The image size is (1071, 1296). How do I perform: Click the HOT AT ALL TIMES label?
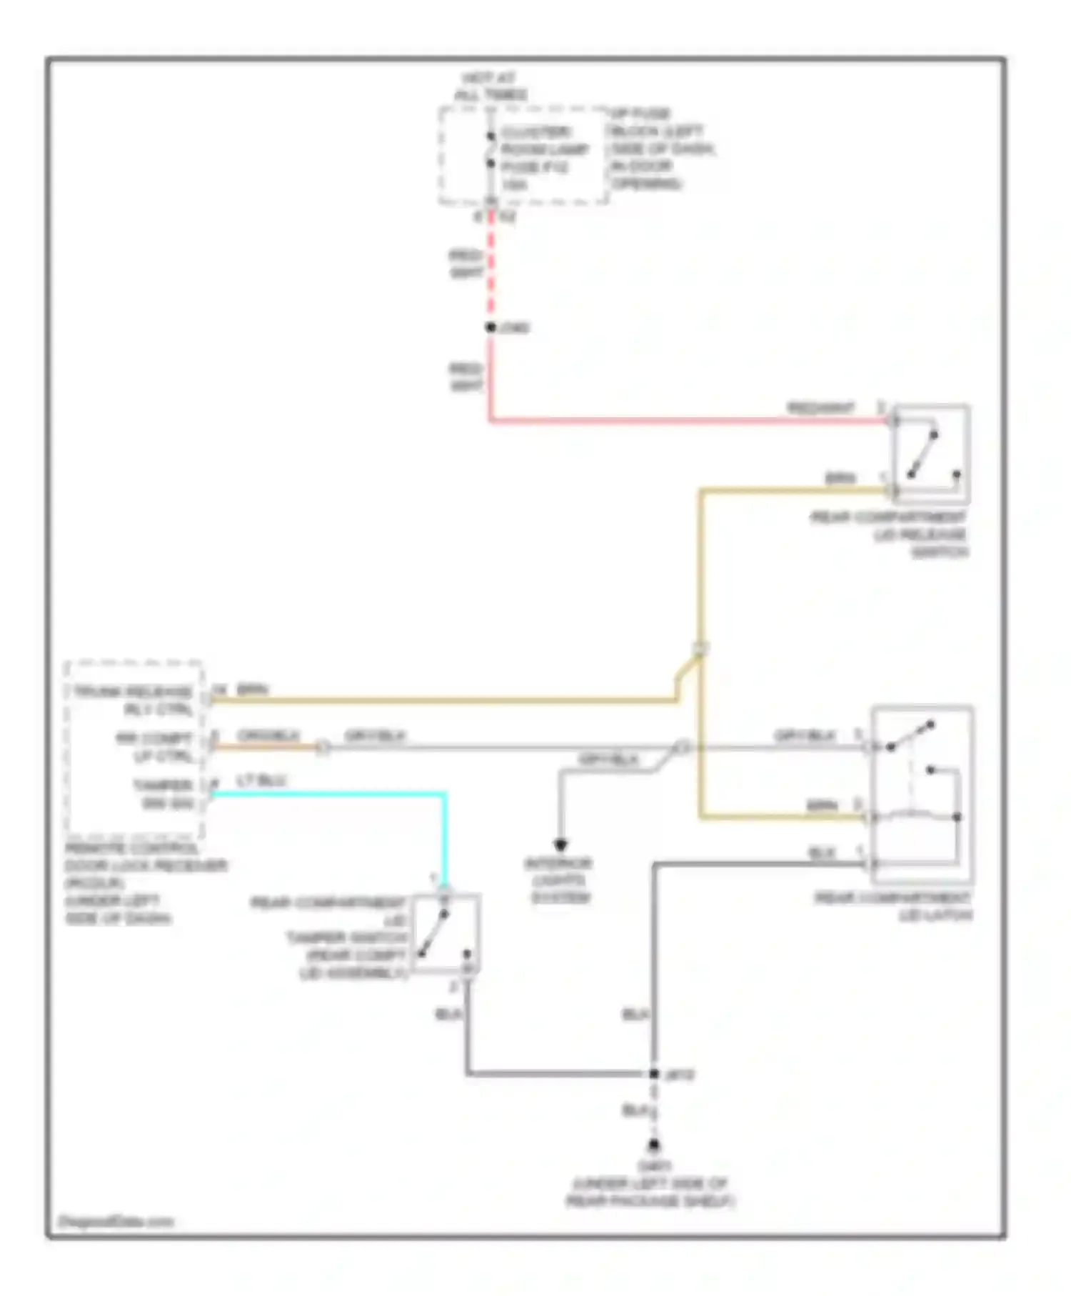coord(491,86)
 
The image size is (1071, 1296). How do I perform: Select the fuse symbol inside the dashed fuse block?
coord(491,150)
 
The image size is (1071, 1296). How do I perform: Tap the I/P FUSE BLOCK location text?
coord(661,149)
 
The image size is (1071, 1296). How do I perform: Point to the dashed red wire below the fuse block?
coord(491,264)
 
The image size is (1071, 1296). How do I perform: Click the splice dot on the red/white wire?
coord(491,327)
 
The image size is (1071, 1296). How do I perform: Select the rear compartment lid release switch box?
coord(930,454)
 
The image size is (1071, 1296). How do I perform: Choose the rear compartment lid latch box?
coord(921,794)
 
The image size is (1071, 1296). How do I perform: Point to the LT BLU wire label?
coord(261,781)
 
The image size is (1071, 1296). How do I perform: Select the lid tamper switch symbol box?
coord(446,932)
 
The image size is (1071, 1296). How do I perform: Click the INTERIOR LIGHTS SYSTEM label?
coord(560,880)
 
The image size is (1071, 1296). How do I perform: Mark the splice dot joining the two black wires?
coord(653,1073)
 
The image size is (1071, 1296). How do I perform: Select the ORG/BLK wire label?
coord(268,736)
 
